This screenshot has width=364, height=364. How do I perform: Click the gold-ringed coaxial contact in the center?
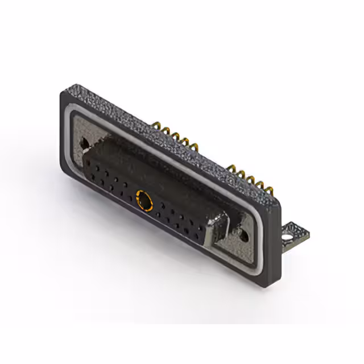[145, 200]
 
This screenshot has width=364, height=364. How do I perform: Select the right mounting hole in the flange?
[245, 233]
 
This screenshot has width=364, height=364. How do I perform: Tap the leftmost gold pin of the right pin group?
[232, 167]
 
